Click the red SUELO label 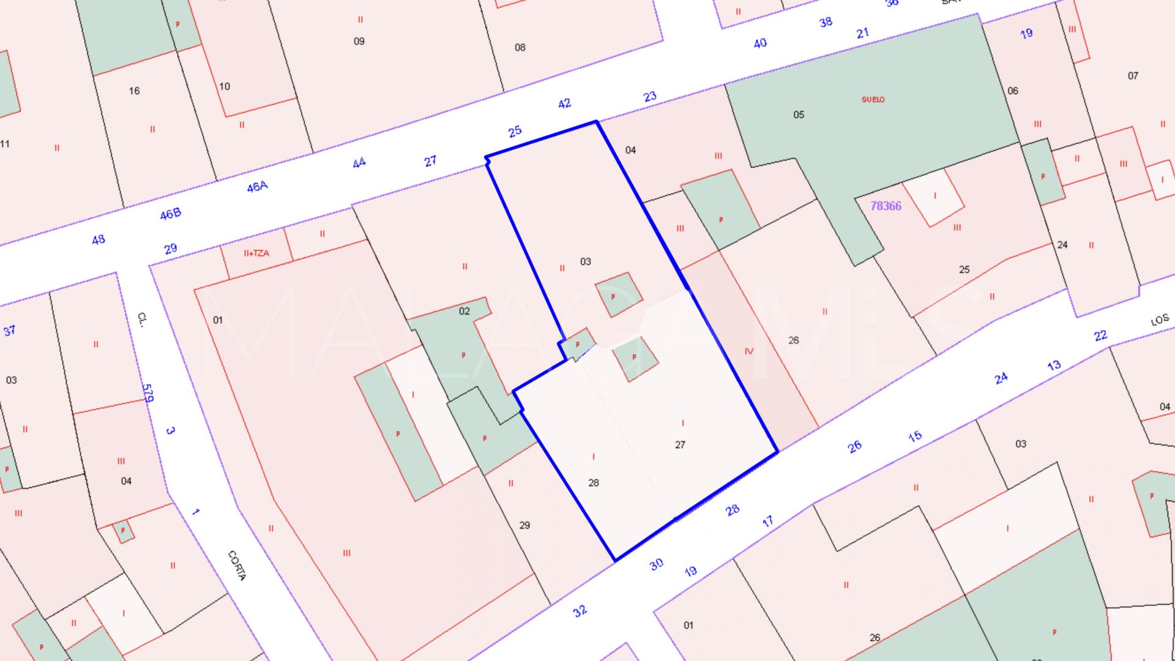coord(873,99)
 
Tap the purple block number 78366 coord(886,206)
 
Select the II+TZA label coord(256,253)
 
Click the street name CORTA coord(237,566)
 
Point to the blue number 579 coord(147,393)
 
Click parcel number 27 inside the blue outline coord(680,445)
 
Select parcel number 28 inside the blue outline coord(594,483)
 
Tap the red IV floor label coord(749,351)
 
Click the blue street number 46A coord(257,187)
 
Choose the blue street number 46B coord(170,214)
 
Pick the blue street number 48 coord(98,240)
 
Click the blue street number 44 coord(359,163)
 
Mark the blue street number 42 coord(564,104)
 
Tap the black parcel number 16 coord(134,91)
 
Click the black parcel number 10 coord(225,86)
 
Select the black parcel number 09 coord(359,41)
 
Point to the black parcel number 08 coord(520,47)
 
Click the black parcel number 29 coord(524,525)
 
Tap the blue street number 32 coord(580,611)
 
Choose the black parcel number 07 coord(1133,76)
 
